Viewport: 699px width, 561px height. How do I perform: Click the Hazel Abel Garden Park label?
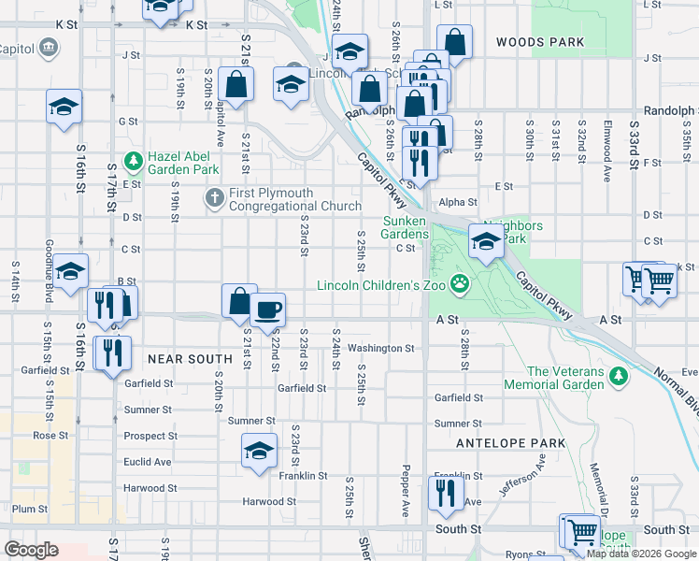point(183,163)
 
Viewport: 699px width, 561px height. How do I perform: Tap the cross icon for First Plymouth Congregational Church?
point(213,198)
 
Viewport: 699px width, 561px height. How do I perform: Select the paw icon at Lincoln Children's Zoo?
point(460,284)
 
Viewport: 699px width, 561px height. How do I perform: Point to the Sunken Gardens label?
point(407,227)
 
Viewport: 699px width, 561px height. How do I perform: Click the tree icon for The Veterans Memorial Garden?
point(617,376)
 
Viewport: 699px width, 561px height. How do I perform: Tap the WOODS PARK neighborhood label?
point(540,42)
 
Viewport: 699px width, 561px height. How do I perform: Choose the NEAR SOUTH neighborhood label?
point(189,358)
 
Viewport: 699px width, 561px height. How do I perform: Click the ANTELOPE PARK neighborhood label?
point(511,442)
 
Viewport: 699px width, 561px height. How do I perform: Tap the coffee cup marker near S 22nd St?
point(267,309)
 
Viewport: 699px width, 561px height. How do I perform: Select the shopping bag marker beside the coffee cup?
point(239,301)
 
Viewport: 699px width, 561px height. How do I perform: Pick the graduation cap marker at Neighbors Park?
point(485,242)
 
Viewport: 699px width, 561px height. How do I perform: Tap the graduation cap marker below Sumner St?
point(260,451)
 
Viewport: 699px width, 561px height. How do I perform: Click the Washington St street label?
point(380,348)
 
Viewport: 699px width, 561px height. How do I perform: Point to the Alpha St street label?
point(458,201)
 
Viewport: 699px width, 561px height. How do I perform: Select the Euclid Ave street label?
point(148,462)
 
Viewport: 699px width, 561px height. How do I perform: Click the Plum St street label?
point(30,509)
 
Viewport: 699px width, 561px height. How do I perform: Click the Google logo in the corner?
point(32,550)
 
